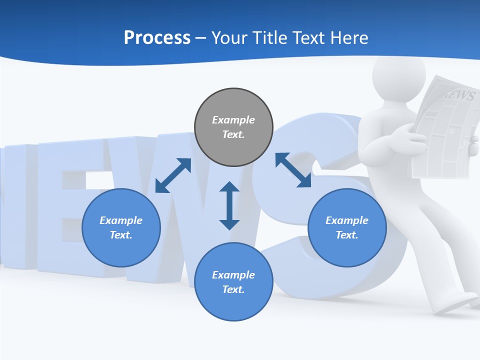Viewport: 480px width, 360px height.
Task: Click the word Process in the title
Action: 157,38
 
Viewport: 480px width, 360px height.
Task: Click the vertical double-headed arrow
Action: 229,205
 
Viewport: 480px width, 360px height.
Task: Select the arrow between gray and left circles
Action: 173,175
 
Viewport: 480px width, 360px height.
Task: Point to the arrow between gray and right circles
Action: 293,170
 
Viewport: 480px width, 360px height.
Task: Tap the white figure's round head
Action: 398,75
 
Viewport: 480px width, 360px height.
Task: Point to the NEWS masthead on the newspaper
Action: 457,95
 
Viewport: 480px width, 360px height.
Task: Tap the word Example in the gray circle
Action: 233,120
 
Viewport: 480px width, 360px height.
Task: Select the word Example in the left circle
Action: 121,220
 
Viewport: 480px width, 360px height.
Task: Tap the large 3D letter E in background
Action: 75,210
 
